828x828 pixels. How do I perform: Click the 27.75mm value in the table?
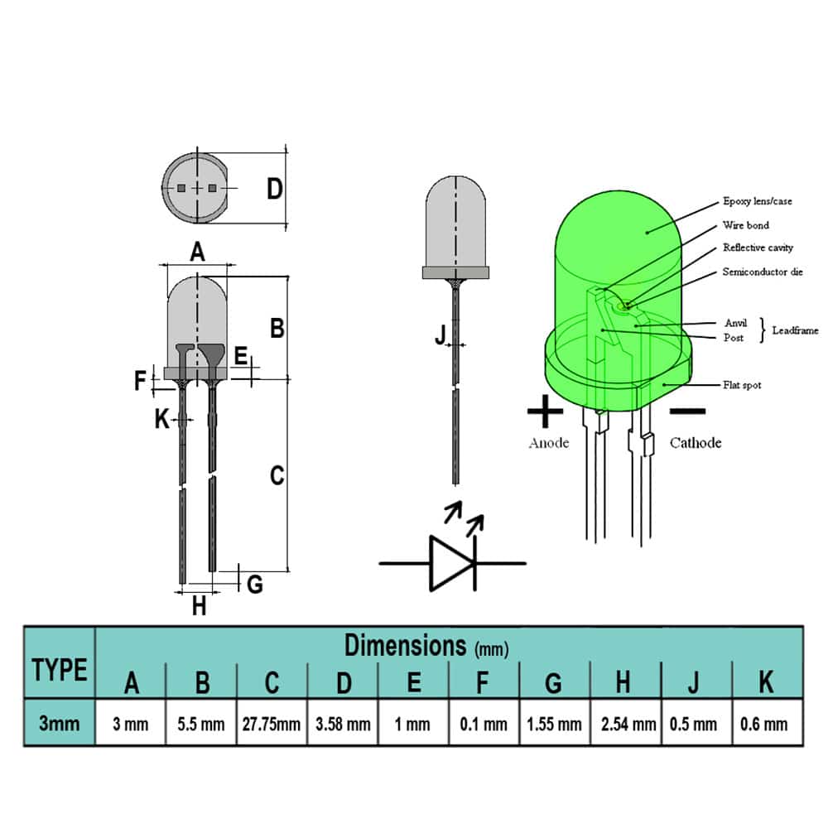click(272, 724)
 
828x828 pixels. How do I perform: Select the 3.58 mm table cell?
click(343, 724)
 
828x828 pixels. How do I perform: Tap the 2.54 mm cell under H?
click(625, 724)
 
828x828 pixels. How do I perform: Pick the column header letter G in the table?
click(554, 682)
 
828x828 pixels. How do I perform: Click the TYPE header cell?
click(60, 669)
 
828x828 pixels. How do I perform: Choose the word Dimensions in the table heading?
click(406, 644)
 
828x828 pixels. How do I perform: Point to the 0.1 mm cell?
click(484, 724)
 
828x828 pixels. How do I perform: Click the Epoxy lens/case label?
click(757, 201)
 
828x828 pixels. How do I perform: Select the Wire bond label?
click(745, 224)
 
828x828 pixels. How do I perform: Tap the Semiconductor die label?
click(762, 272)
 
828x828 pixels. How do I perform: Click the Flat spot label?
click(741, 385)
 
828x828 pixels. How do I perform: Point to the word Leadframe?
click(795, 330)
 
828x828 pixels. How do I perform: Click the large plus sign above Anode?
click(545, 410)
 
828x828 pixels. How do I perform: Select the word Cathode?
click(696, 443)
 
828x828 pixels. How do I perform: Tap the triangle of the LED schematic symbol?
click(448, 563)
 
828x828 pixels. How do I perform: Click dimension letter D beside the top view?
click(275, 189)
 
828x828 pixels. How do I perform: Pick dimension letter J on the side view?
click(441, 334)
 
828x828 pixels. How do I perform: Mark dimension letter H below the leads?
click(199, 606)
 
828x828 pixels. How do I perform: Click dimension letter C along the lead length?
click(277, 475)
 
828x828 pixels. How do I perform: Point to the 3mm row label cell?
click(60, 723)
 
